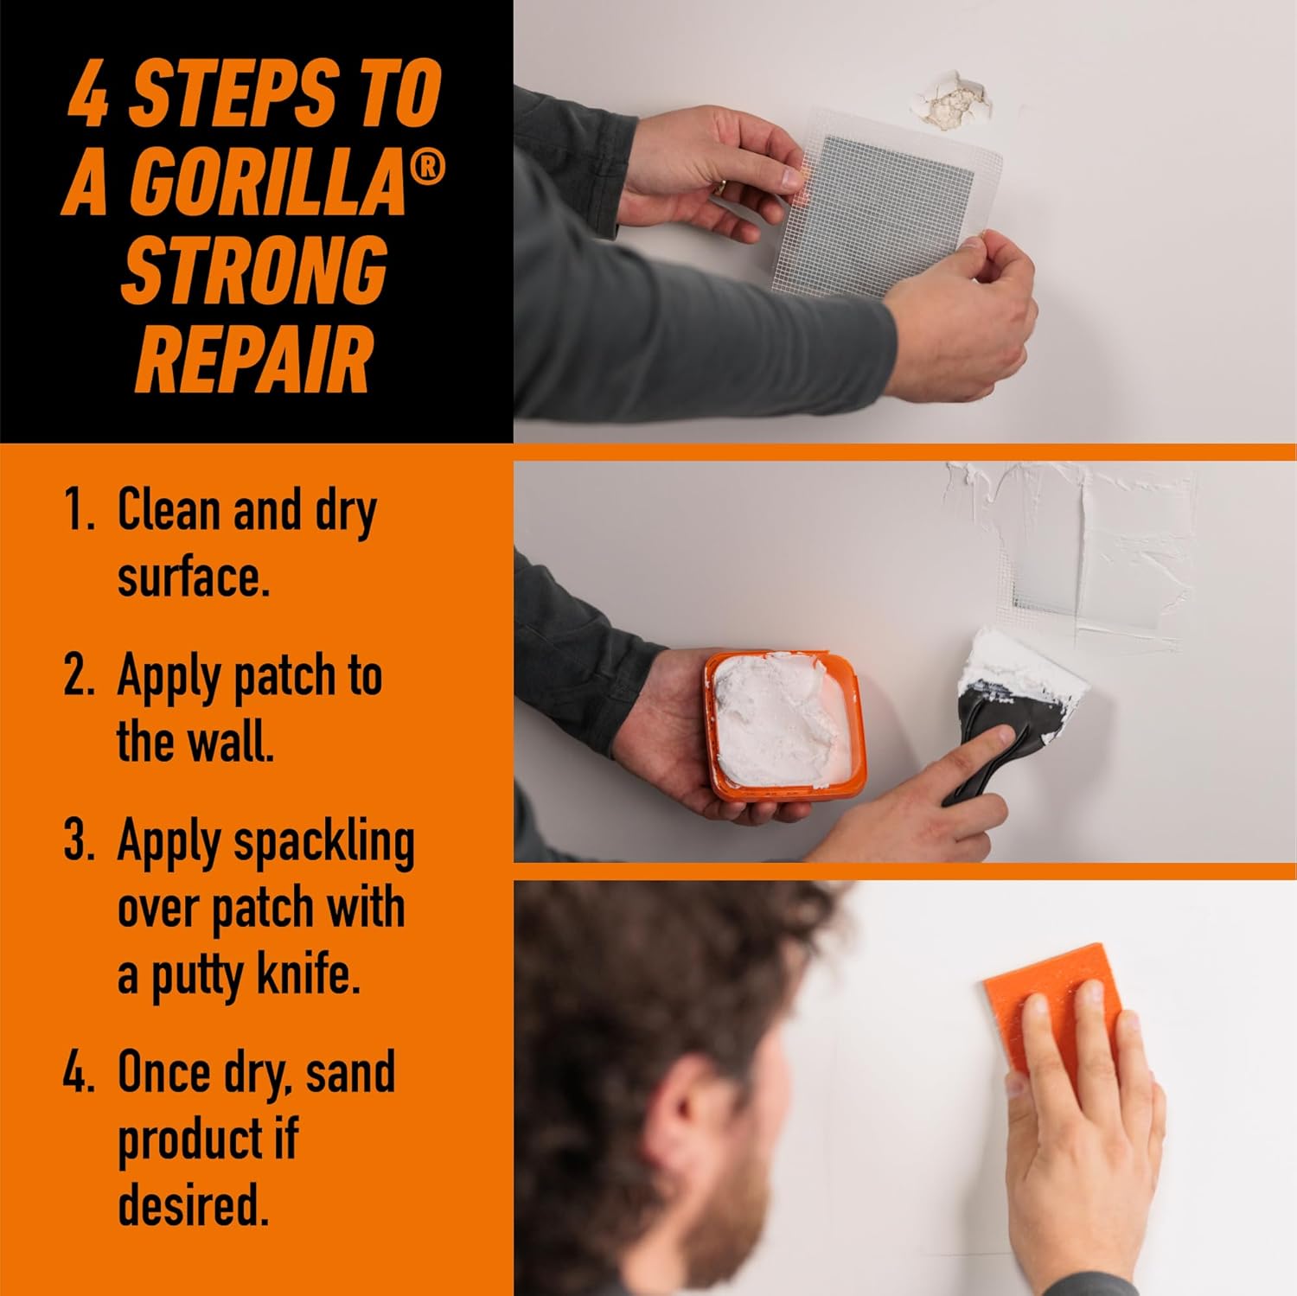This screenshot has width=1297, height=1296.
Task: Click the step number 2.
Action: pyautogui.click(x=79, y=675)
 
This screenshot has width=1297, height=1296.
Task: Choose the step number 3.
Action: pyautogui.click(x=79, y=840)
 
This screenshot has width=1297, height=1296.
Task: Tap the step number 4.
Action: pyautogui.click(x=79, y=1072)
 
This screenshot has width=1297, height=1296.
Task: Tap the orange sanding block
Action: pyautogui.click(x=1051, y=1008)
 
